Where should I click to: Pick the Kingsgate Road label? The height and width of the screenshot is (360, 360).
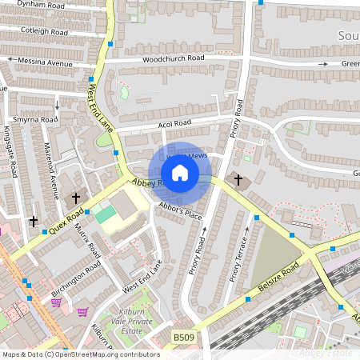(x=12, y=152)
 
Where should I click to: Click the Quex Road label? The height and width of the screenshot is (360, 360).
(x=65, y=220)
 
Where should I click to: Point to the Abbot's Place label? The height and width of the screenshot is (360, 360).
(x=180, y=210)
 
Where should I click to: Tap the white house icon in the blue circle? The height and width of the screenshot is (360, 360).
(x=180, y=172)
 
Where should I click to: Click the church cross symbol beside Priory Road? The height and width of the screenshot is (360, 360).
(x=238, y=179)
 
